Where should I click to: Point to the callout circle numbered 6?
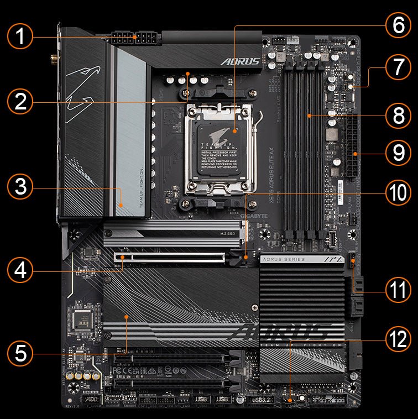[x=398, y=25]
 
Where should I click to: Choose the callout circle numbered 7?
[x=398, y=69]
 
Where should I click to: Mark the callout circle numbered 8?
[x=398, y=116]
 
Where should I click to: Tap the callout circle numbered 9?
[x=398, y=153]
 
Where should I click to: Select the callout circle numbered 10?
[x=398, y=193]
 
